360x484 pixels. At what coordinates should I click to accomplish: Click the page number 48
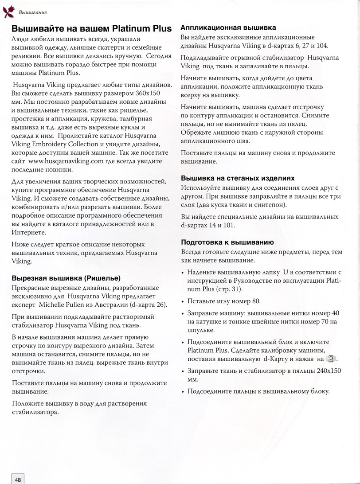18,479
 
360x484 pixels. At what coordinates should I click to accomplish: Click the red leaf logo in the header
8,12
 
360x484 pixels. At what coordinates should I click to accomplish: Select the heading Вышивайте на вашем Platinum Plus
91,29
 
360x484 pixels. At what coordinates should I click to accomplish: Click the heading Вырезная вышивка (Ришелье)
66,278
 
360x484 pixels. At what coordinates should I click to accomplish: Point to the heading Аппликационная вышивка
228,27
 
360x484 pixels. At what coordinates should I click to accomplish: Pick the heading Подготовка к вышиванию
227,242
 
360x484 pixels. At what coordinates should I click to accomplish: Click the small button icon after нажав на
331,359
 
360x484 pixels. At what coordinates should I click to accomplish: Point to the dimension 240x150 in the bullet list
325,370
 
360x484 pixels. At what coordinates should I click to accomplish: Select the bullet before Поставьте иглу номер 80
183,301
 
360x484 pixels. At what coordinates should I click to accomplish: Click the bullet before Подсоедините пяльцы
183,392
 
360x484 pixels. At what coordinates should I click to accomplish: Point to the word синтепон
268,205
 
